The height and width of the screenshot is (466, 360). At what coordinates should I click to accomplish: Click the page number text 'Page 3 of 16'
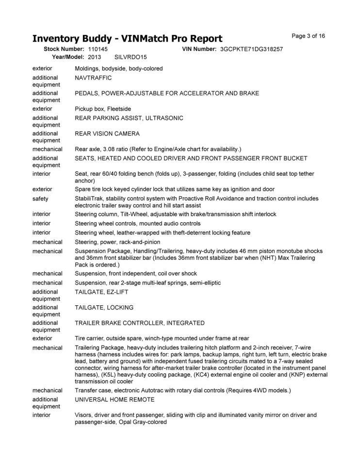(308, 36)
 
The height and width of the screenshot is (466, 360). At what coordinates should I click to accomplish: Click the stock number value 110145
(98, 50)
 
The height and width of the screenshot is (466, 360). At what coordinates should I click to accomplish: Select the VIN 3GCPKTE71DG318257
(251, 50)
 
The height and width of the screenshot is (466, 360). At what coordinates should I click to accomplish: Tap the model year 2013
(95, 57)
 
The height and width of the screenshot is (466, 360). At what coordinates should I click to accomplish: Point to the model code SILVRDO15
(128, 57)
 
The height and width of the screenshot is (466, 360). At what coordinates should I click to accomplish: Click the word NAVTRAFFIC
(93, 78)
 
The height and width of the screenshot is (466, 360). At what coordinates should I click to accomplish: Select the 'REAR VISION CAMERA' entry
(107, 133)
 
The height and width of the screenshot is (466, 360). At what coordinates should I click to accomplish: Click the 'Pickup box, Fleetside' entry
(103, 109)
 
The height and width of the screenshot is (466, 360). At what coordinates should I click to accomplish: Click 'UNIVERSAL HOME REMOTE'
(115, 399)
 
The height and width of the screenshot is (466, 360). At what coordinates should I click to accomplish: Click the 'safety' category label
(40, 199)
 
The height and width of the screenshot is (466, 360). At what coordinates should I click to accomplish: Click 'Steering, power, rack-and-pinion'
(118, 242)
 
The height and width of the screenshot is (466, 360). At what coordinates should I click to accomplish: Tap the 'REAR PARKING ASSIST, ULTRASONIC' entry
(129, 118)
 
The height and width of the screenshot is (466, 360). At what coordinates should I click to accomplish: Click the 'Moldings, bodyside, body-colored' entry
(119, 68)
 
